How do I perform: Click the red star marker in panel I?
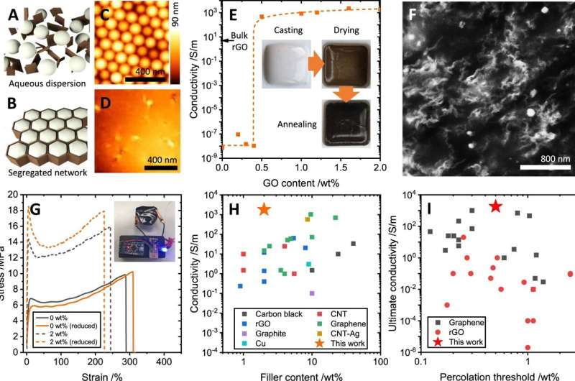(x=494, y=206)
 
